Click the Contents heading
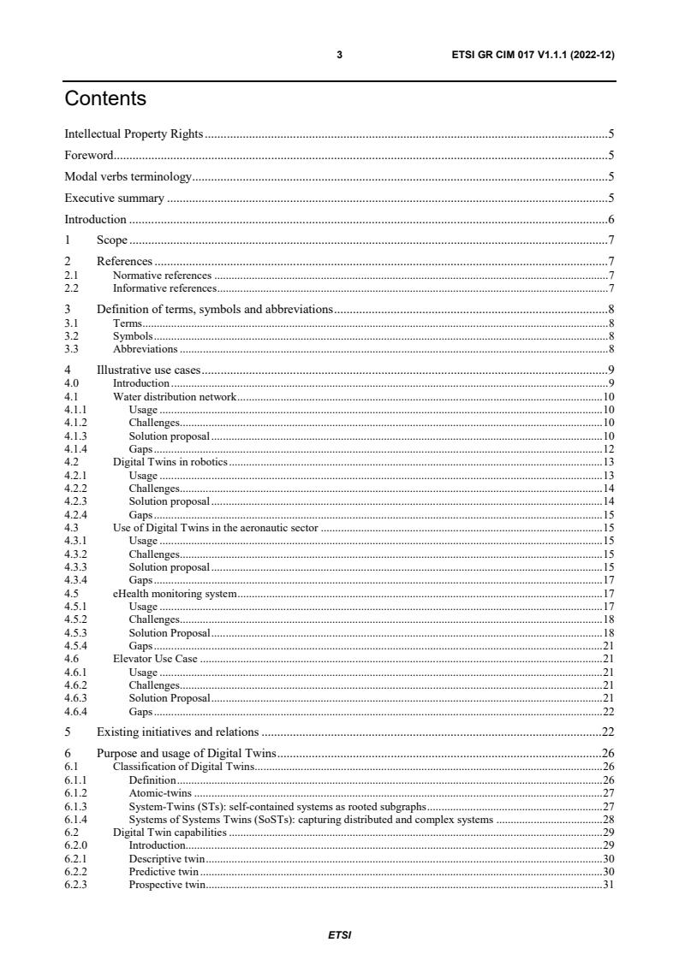click(105, 99)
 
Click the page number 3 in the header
click(339, 55)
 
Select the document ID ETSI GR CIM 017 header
click(533, 55)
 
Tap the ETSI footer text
click(339, 935)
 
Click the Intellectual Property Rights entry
click(134, 133)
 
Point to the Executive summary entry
click(114, 198)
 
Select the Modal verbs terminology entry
click(128, 176)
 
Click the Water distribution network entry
click(175, 397)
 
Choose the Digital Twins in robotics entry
click(170, 462)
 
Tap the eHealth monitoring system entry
click(175, 593)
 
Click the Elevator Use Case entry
click(155, 659)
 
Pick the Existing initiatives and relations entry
click(178, 732)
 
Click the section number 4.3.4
click(76, 580)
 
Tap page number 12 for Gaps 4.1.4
click(609, 449)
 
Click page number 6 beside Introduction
click(611, 219)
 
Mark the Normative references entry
click(162, 276)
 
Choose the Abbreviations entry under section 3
click(146, 349)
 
